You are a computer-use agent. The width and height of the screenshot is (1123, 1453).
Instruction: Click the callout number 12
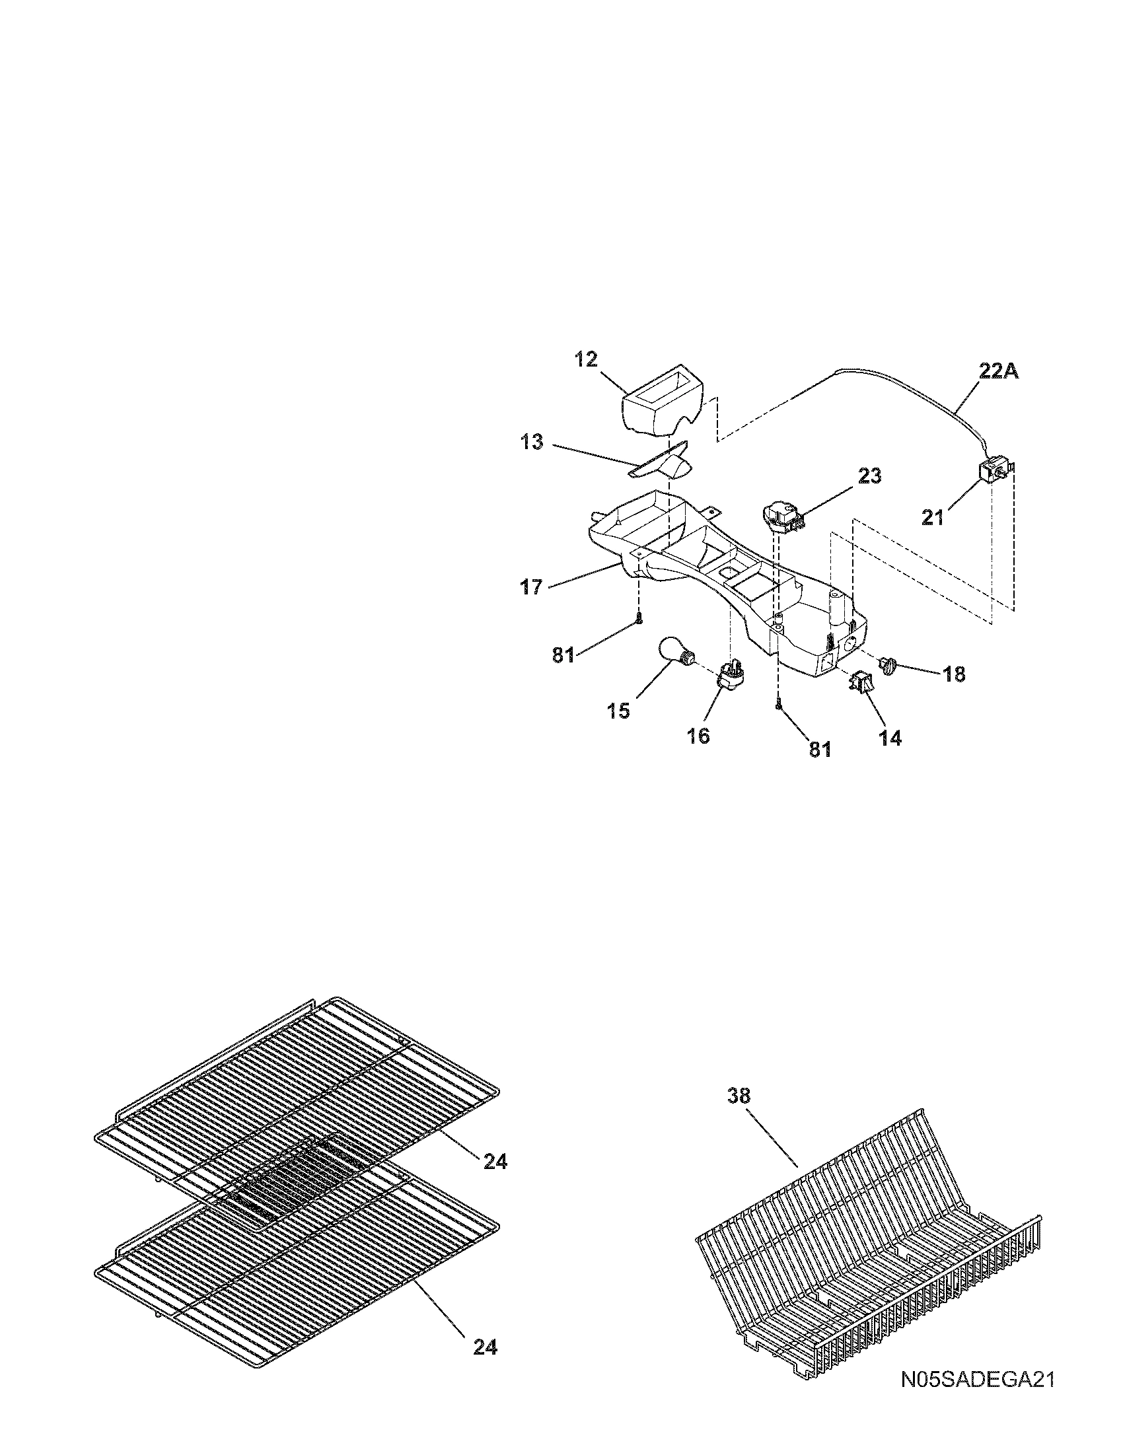click(586, 360)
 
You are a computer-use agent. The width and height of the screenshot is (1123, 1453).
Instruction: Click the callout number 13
click(532, 443)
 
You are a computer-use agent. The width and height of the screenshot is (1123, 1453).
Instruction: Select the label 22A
click(998, 372)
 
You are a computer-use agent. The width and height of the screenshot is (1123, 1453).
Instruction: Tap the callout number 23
click(869, 476)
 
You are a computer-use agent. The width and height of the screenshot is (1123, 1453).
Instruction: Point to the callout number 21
click(933, 517)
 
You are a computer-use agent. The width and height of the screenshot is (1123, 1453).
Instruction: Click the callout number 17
click(532, 587)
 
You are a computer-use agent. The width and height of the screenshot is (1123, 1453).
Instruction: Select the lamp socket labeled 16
click(730, 676)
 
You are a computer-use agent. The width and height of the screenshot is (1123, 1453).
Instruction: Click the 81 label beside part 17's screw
click(563, 655)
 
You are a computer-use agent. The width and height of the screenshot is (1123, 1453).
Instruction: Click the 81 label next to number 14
click(820, 750)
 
